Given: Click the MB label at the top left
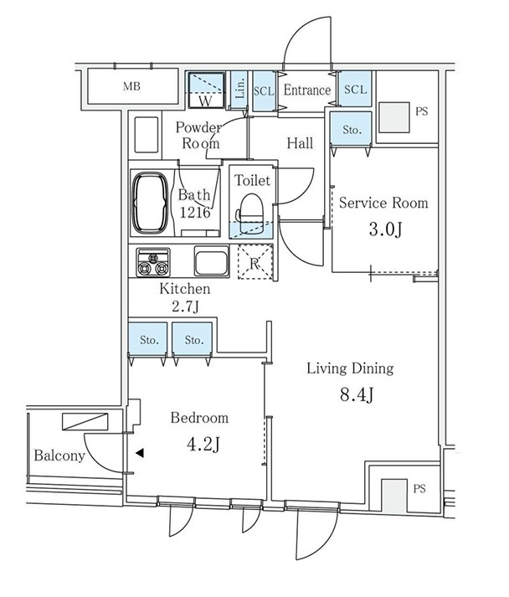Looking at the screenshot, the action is click(131, 86).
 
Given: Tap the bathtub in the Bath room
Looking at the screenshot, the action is click(150, 203).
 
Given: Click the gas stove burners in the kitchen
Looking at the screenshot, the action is click(153, 263).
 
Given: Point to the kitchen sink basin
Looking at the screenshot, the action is click(212, 260).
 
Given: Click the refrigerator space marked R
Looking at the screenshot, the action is click(255, 262).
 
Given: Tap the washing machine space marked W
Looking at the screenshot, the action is click(206, 90).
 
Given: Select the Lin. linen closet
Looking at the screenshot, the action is click(239, 90).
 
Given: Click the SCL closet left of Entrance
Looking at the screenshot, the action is click(264, 91).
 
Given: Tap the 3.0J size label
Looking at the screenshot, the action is click(385, 229).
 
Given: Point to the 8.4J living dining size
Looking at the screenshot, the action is click(357, 395).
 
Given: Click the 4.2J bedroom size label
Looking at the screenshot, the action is click(203, 444).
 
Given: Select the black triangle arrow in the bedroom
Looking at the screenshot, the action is click(140, 453).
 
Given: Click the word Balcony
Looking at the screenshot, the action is click(59, 455).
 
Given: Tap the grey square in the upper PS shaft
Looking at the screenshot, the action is click(394, 117).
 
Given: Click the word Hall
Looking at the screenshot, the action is click(300, 143).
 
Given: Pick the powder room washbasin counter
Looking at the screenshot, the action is click(147, 135).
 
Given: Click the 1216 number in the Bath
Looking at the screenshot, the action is click(195, 213).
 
